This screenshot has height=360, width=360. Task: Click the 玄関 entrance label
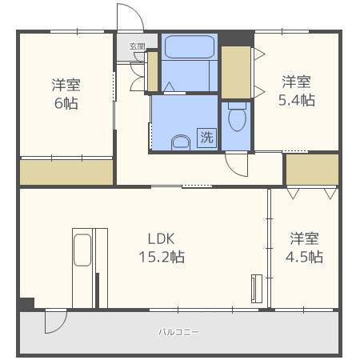[137, 46]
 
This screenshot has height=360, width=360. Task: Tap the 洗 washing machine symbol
[206, 138]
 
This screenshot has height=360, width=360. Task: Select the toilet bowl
[237, 117]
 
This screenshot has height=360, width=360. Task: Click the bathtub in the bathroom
[190, 46]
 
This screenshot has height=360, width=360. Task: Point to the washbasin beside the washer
[181, 142]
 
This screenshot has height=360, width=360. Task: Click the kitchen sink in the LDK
[82, 250]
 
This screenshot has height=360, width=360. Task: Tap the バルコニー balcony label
[178, 332]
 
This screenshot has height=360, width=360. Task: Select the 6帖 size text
[66, 103]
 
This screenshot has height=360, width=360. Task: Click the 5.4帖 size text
[297, 100]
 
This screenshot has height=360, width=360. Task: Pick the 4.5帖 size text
[304, 257]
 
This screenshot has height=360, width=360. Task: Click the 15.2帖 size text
[162, 257]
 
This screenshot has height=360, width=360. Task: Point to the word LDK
[162, 238]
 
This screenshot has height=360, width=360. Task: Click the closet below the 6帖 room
[66, 172]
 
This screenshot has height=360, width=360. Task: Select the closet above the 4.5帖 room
[312, 170]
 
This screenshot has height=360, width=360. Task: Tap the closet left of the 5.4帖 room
[236, 72]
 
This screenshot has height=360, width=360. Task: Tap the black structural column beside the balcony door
[27, 304]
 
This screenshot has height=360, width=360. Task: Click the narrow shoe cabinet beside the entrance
[153, 72]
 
